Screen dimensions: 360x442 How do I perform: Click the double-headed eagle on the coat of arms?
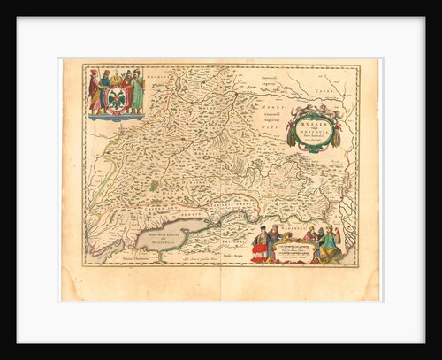coord(115,99)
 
